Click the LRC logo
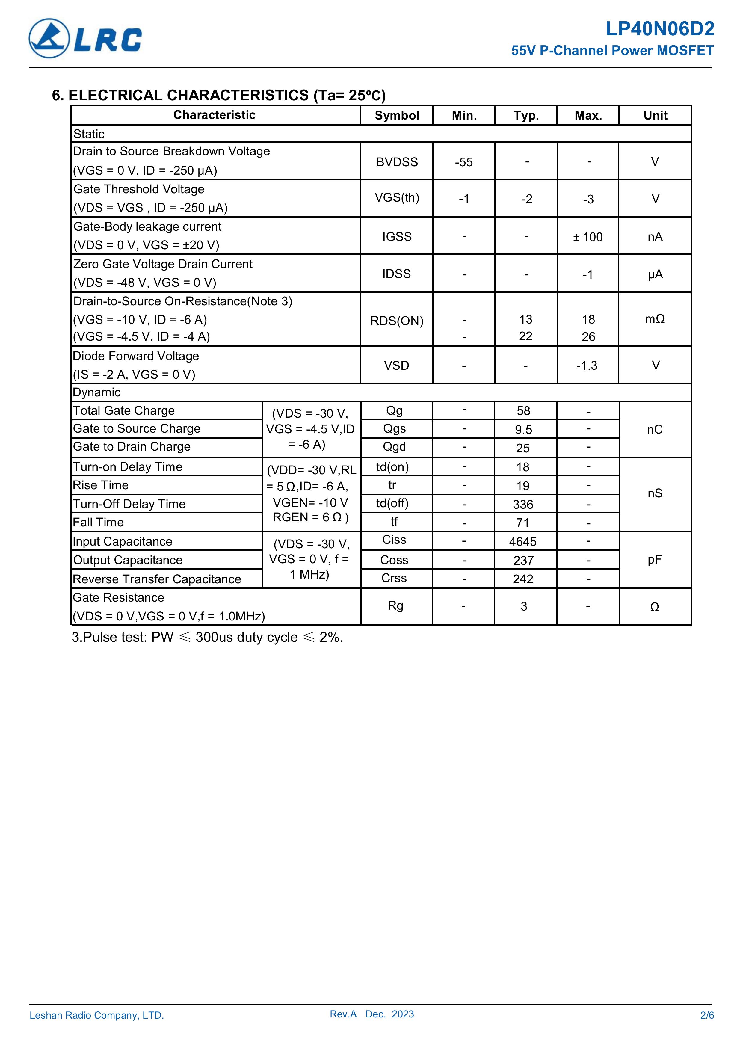pos(85,38)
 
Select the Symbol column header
pos(396,115)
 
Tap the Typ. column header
pos(525,115)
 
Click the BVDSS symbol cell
pos(396,162)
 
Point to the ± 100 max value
pos(588,237)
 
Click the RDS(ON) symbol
pos(396,321)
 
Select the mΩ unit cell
pos(655,319)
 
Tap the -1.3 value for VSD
pos(587,365)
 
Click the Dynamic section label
pos(96,392)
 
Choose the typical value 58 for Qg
pos(523,411)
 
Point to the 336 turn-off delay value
pos(523,505)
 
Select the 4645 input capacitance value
pos(523,541)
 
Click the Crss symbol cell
pos(394,578)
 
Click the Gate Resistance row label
pos(119,597)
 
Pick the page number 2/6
pos(707,1015)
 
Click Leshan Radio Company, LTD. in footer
pos(96,1015)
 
